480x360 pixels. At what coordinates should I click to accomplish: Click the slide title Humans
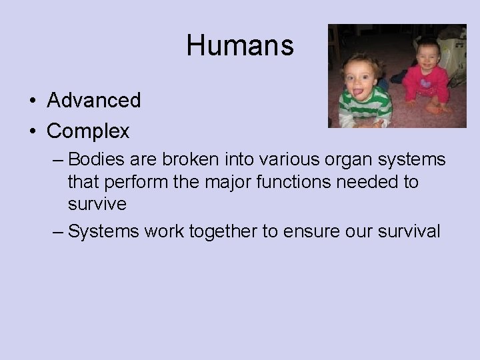tap(240, 45)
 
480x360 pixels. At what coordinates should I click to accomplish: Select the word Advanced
tap(94, 101)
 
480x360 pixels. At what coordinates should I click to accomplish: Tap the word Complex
tap(88, 131)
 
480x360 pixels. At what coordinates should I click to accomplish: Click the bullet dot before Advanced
tap(32, 101)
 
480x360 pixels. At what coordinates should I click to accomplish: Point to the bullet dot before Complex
tap(32, 132)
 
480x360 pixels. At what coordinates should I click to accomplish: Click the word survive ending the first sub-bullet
tap(97, 204)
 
